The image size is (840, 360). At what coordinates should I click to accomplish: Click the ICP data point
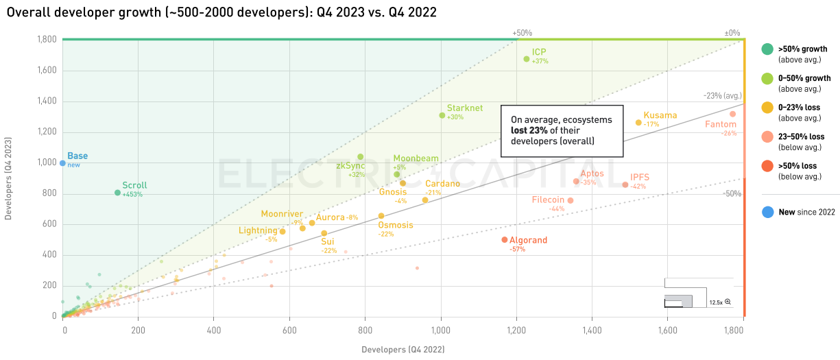tap(527, 59)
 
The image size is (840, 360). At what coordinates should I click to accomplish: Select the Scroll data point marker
tap(117, 193)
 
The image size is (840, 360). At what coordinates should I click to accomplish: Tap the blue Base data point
tap(62, 163)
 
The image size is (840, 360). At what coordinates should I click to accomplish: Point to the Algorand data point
tap(505, 240)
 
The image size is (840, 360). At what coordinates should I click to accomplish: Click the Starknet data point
tap(442, 115)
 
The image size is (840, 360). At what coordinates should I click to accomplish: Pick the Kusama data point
tap(638, 123)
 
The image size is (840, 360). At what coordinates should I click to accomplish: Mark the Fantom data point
tap(732, 114)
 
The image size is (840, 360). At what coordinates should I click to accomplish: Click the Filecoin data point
tap(570, 201)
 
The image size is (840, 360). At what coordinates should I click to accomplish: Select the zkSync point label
tap(350, 166)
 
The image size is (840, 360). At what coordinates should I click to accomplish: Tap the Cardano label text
tap(442, 184)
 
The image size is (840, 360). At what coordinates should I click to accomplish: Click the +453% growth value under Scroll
tap(132, 195)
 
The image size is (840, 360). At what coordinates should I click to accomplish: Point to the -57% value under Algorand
tap(517, 250)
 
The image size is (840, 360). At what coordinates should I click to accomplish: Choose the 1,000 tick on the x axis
tap(441, 330)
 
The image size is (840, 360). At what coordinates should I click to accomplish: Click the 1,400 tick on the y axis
tap(46, 101)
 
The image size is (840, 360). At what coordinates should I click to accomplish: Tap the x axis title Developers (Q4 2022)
tap(403, 350)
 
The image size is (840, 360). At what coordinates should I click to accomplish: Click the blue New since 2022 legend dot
tap(767, 213)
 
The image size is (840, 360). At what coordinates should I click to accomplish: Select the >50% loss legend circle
tap(767, 167)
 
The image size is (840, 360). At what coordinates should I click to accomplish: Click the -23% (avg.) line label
tap(722, 96)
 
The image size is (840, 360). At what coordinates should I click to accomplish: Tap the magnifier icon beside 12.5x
tap(728, 302)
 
